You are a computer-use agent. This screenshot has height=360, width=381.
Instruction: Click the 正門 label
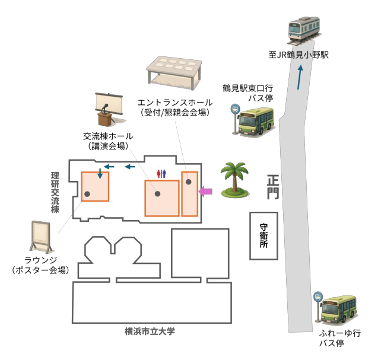click(x=272, y=186)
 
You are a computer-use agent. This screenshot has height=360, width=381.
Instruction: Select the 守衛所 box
click(x=264, y=235)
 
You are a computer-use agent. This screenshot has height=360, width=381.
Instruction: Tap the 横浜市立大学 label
click(x=150, y=331)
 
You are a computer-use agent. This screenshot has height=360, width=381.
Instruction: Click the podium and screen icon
click(x=109, y=109)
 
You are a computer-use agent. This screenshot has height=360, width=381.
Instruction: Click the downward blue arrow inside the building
click(x=100, y=176)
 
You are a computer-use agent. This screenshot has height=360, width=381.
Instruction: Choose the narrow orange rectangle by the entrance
click(x=189, y=193)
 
